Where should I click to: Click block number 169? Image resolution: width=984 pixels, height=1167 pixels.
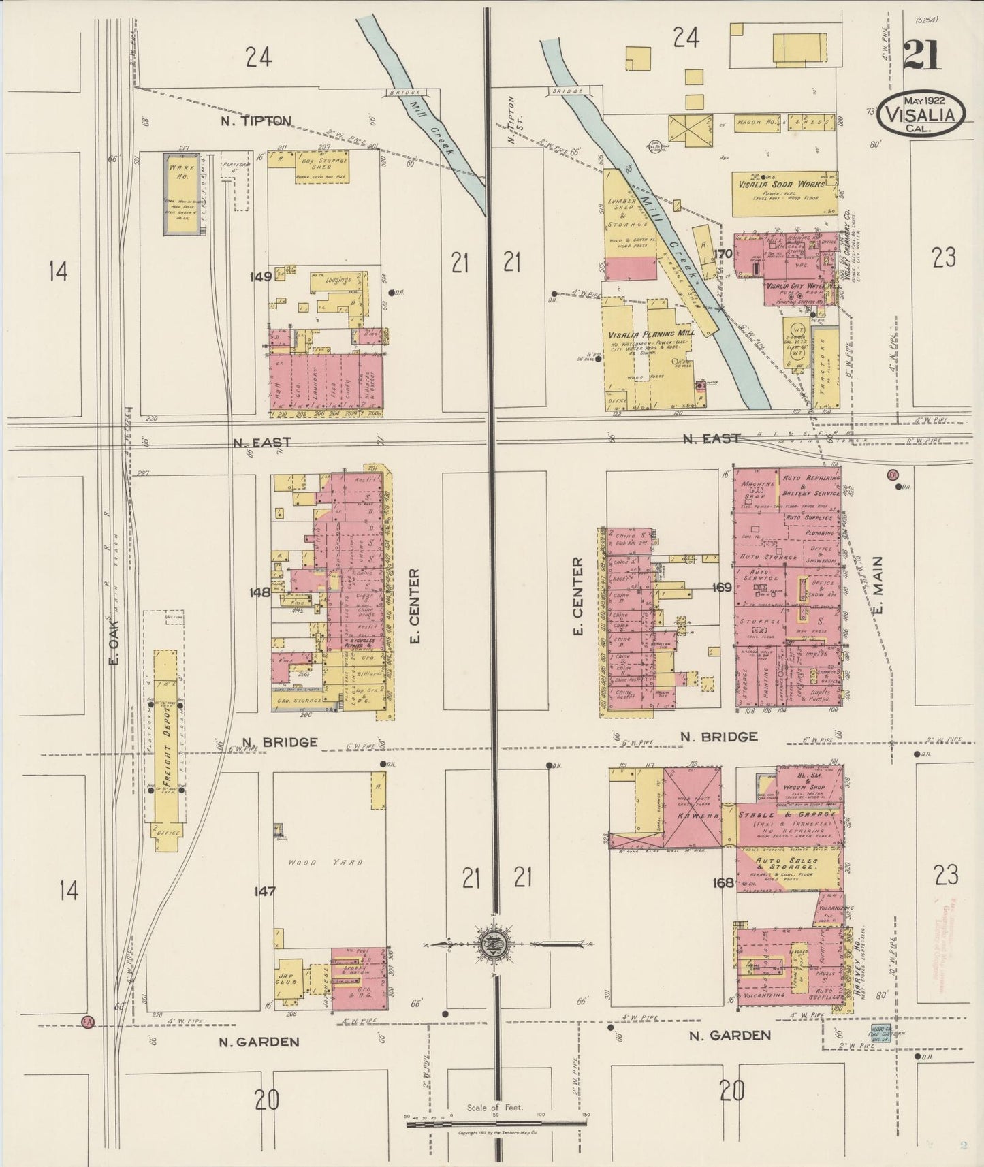pyautogui.click(x=722, y=587)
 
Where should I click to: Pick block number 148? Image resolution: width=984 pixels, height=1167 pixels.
pyautogui.click(x=260, y=592)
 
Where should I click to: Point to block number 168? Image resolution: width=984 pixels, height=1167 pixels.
pyautogui.click(x=723, y=883)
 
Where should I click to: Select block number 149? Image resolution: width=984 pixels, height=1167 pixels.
pyautogui.click(x=261, y=276)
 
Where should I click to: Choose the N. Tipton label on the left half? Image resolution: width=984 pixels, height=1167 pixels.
pyautogui.click(x=256, y=121)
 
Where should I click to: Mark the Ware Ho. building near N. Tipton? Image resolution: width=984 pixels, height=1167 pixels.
pyautogui.click(x=185, y=194)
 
